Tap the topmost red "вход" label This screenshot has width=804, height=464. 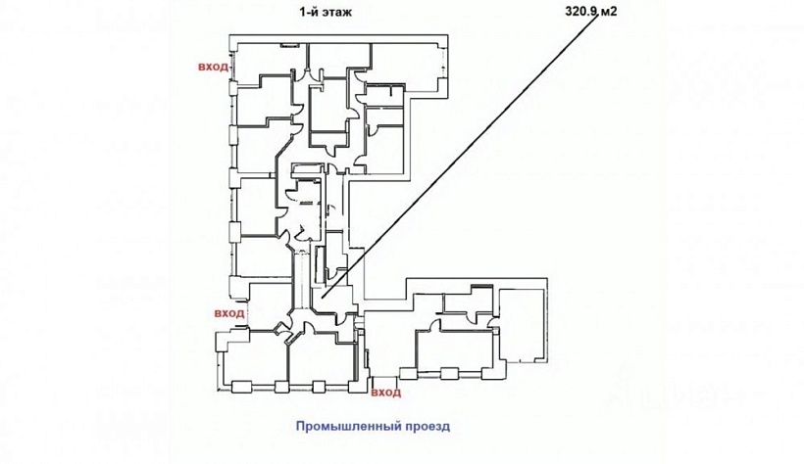(x=213, y=67)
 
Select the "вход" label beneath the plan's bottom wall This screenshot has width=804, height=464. (x=386, y=393)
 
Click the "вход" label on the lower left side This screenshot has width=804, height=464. (x=227, y=313)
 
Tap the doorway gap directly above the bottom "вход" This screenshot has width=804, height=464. (x=385, y=376)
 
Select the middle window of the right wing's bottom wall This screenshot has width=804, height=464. (x=450, y=371)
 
